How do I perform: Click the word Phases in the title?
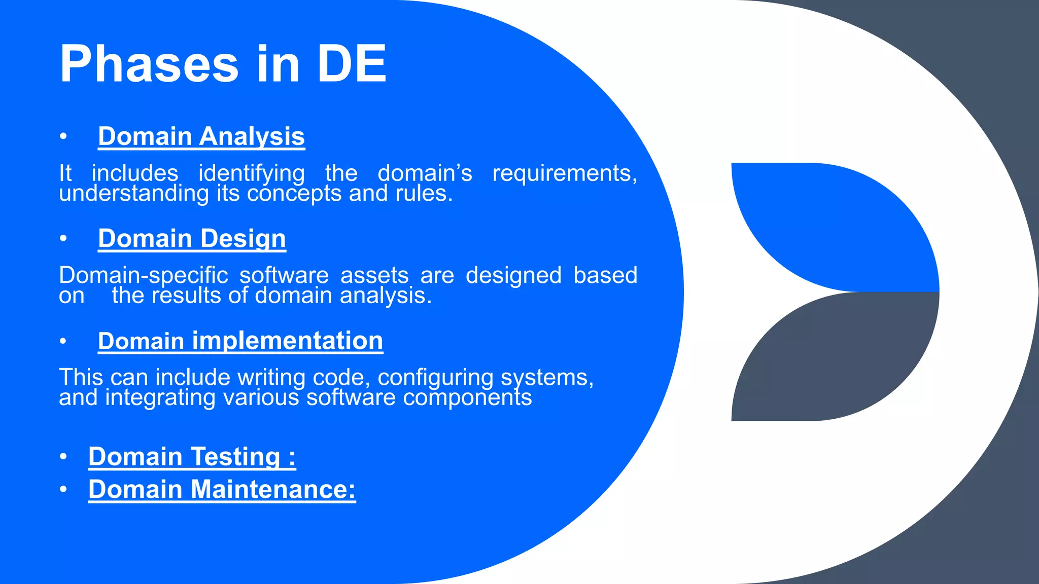point(149,65)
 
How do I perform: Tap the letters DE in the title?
point(351,64)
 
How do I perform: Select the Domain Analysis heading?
point(201,136)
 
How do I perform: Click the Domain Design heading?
point(192,238)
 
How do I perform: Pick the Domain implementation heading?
point(240,341)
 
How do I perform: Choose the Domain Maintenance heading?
point(222,489)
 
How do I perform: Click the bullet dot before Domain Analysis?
point(63,136)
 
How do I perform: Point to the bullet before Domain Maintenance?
point(63,489)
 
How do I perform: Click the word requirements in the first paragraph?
point(564,173)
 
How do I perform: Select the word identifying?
point(252,173)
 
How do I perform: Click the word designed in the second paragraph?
point(513,275)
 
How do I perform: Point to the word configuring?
point(435,377)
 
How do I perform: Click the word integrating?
point(160,397)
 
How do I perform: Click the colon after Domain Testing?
point(292,457)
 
